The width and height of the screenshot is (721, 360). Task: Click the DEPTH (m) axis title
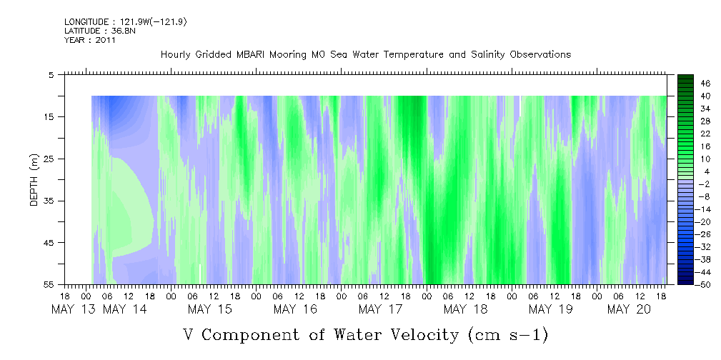(34, 179)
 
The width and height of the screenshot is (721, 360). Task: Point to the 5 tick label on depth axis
(51, 74)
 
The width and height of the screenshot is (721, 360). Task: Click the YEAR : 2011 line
(89, 40)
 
